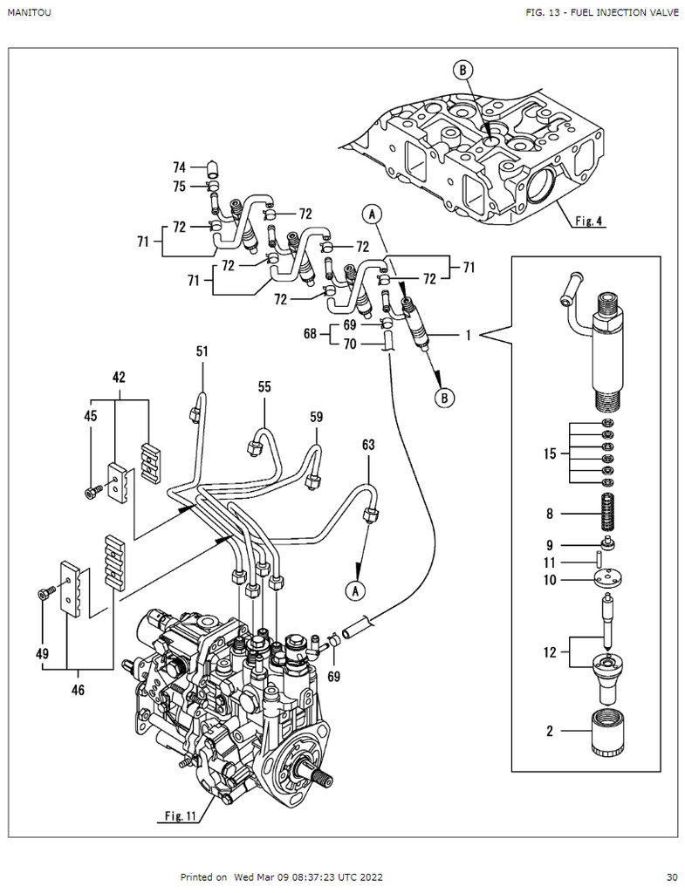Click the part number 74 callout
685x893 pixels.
click(179, 167)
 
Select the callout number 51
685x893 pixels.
click(202, 351)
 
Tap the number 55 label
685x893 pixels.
click(264, 385)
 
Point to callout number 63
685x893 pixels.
click(368, 446)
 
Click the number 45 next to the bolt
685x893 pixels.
click(90, 416)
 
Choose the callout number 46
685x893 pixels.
click(79, 691)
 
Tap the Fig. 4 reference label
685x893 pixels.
click(589, 222)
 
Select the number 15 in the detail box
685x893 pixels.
click(550, 453)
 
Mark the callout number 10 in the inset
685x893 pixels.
click(550, 579)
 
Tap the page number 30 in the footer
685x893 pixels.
click(671, 877)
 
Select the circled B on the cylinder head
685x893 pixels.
click(462, 70)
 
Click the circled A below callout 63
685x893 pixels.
click(355, 590)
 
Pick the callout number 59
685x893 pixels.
click(316, 417)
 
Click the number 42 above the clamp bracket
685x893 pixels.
click(119, 378)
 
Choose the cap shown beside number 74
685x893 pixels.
click(211, 167)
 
